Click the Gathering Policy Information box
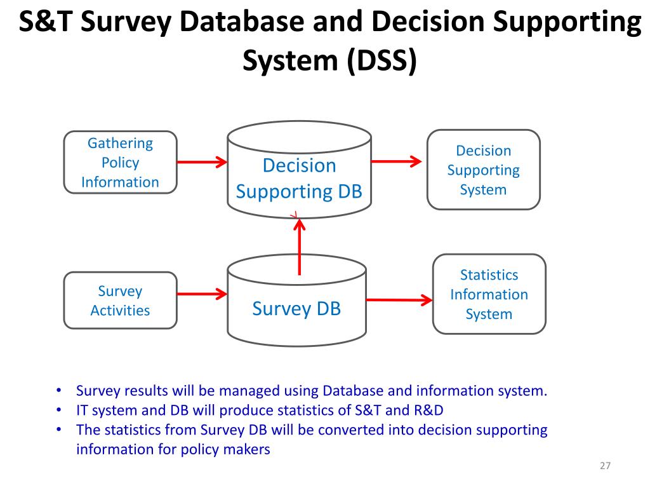coord(120,163)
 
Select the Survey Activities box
coord(120,301)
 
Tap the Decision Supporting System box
coord(483,170)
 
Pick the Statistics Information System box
coord(489,294)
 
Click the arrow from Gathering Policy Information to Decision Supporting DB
coord(201,162)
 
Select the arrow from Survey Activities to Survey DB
coord(201,294)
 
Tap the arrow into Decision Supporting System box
coord(396,161)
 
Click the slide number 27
coord(605,466)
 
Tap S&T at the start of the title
coord(46,23)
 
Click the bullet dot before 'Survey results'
coord(58,391)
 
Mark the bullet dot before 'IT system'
coord(58,410)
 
